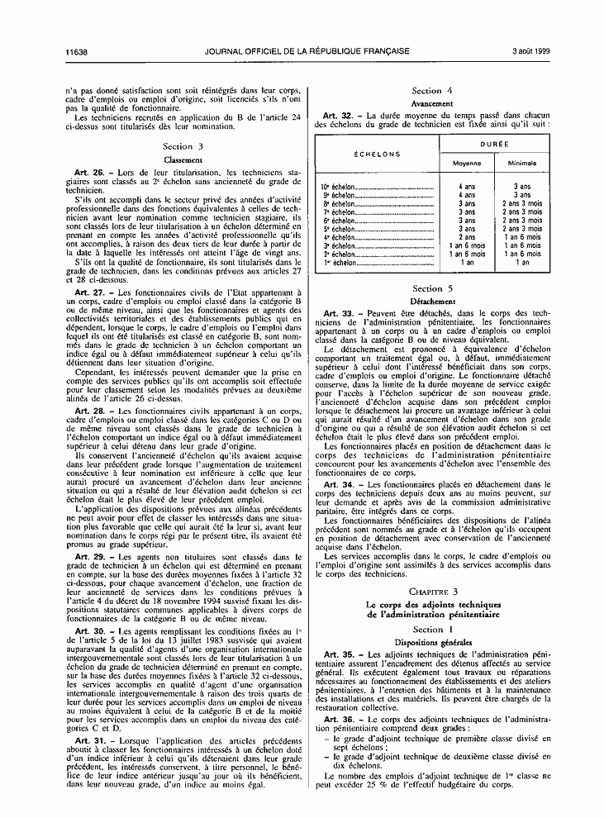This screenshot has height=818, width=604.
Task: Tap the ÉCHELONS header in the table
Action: point(378,154)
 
